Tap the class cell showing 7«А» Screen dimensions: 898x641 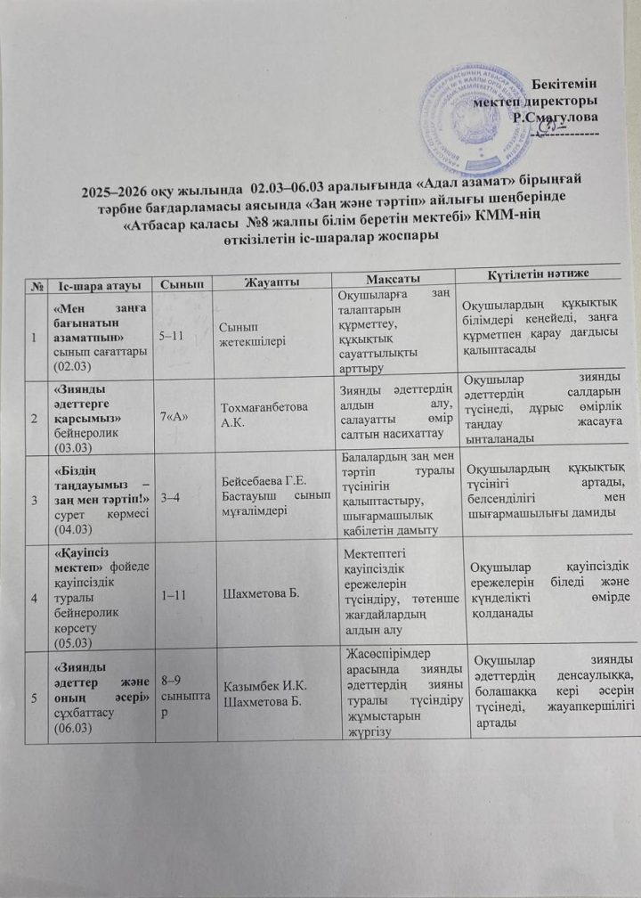pos(172,416)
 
